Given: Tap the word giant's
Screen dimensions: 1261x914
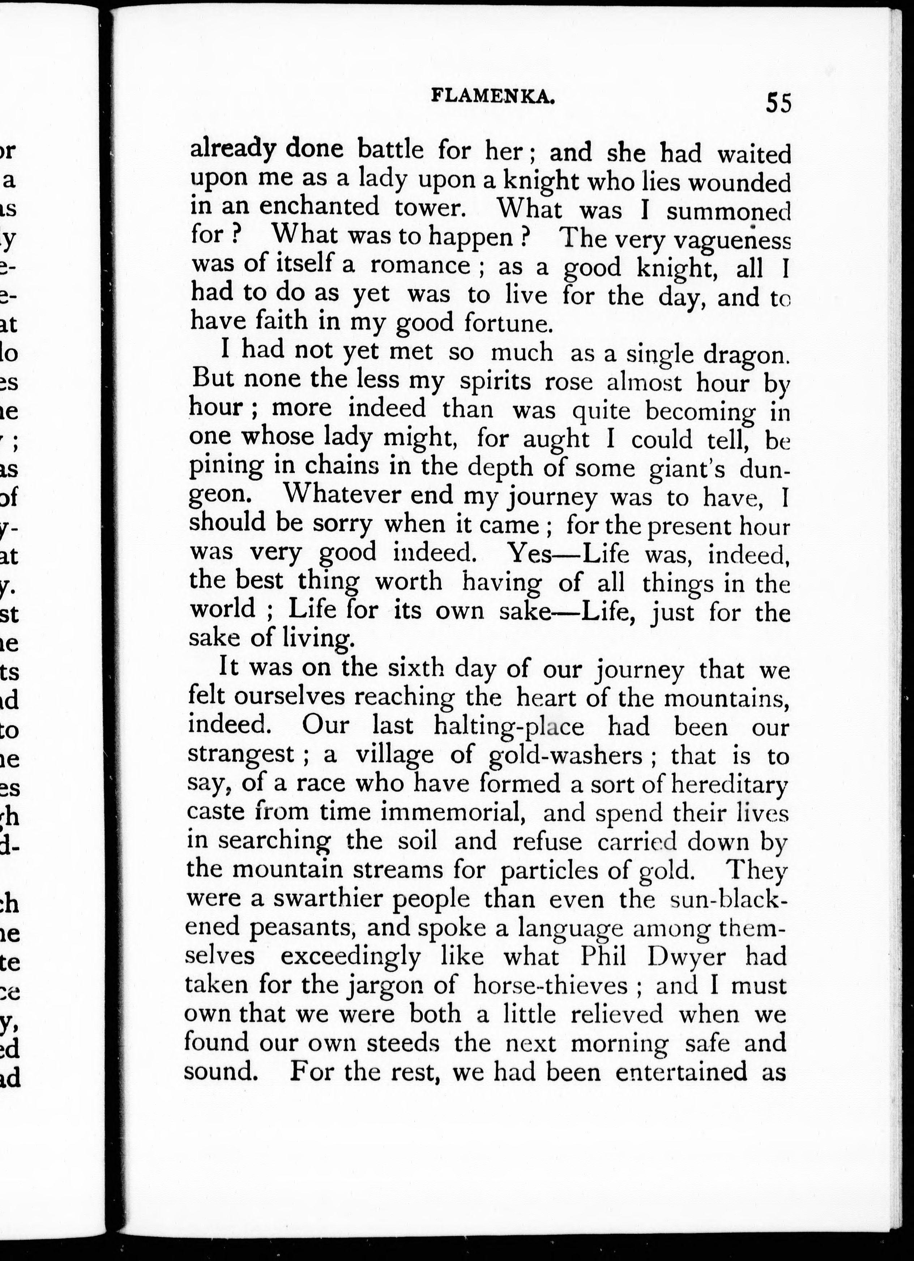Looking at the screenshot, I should coord(687,468).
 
